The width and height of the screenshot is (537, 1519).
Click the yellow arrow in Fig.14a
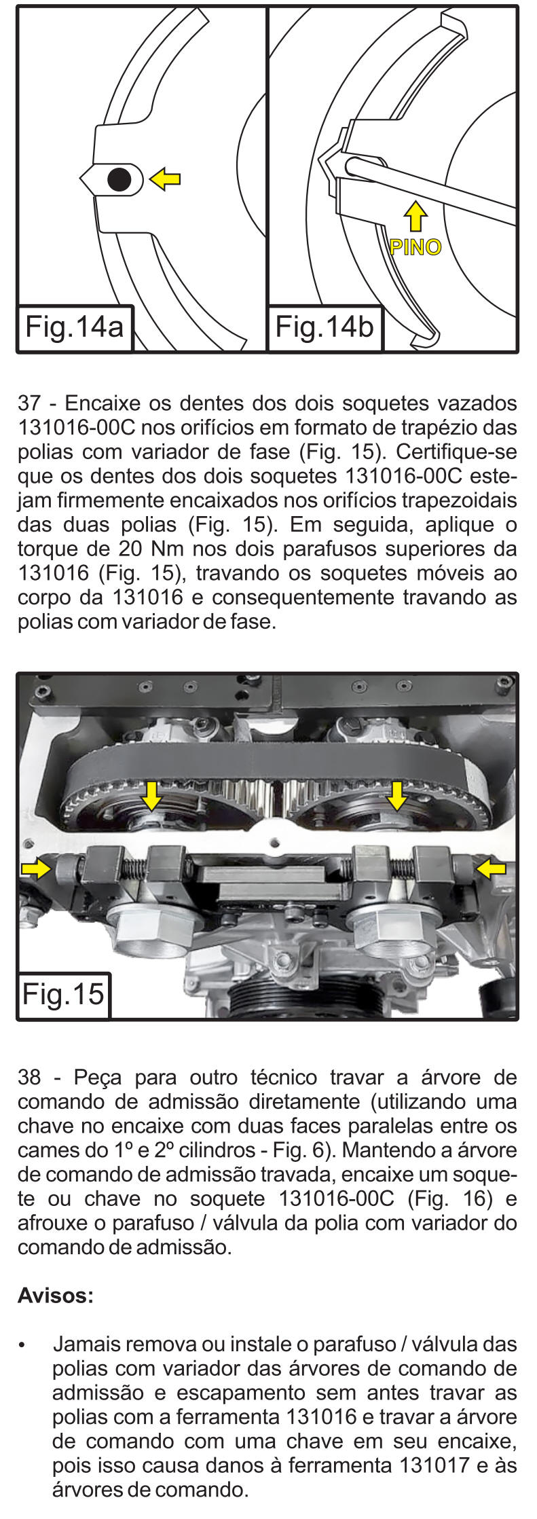165,179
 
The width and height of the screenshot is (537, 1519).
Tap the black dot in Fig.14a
119,179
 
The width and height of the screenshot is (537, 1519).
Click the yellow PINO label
415,246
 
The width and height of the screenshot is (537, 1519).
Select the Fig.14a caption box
75,328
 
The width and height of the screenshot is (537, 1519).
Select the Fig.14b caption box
325,328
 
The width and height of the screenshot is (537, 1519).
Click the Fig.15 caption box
64,995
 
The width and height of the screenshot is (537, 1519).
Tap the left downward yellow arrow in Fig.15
151,795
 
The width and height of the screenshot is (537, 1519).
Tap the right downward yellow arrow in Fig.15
396,795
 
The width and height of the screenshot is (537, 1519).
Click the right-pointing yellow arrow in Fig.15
37,868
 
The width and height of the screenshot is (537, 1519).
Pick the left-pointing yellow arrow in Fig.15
491,868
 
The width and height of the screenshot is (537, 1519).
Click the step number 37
29,403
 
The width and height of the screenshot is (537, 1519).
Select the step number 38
29,1078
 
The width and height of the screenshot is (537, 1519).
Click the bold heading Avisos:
56,1296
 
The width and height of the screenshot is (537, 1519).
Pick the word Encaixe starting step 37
102,403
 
